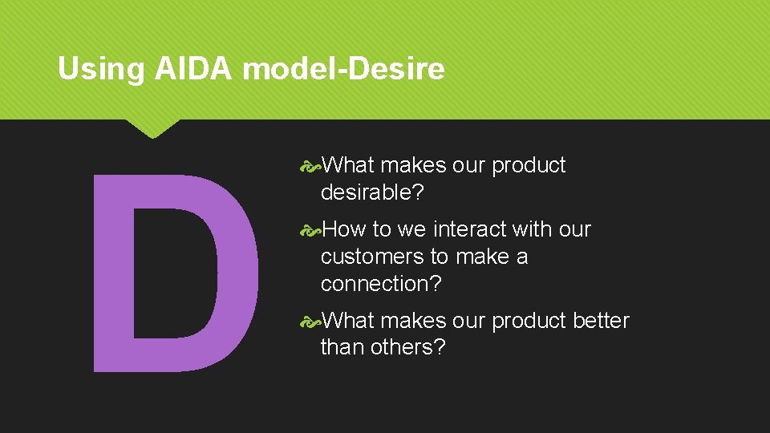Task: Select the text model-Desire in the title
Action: pyautogui.click(x=343, y=70)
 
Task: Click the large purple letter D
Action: pyautogui.click(x=174, y=273)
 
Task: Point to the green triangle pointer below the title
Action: pyautogui.click(x=152, y=128)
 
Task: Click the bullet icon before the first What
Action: pyautogui.click(x=310, y=166)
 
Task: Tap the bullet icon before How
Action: pyautogui.click(x=310, y=230)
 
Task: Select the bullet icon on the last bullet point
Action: pyautogui.click(x=310, y=322)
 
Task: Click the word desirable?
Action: pyautogui.click(x=373, y=192)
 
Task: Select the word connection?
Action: pyautogui.click(x=381, y=284)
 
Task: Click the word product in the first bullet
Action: pyautogui.click(x=529, y=165)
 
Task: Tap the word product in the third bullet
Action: pyautogui.click(x=529, y=321)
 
